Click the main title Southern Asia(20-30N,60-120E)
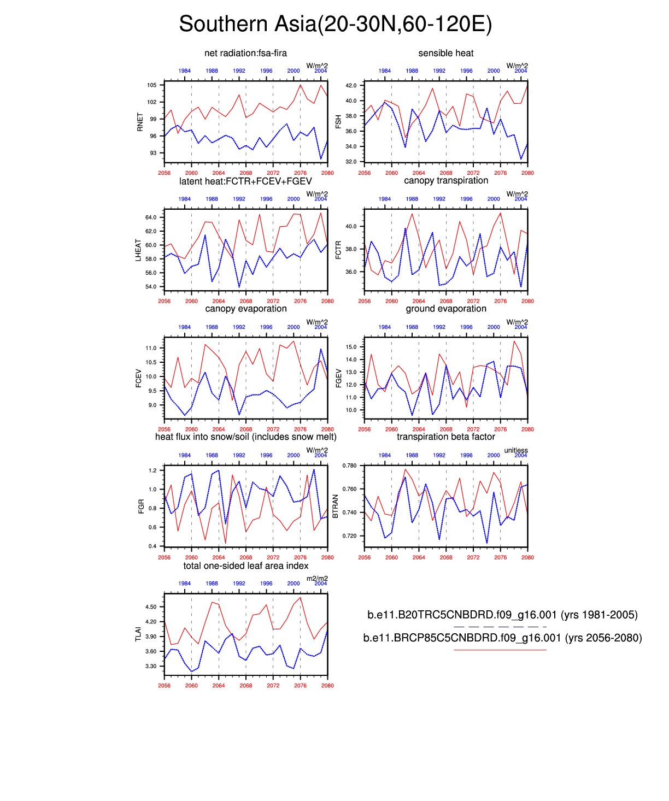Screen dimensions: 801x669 [335, 25]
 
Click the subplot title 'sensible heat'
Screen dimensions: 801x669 [446, 53]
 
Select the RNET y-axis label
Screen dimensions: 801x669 [140, 122]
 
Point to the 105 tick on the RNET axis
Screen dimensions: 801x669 [151, 85]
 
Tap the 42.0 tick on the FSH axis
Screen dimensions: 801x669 [350, 86]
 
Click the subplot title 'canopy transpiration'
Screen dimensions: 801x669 [446, 181]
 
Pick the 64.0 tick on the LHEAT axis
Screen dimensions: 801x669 [150, 217]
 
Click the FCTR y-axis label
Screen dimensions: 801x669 [338, 250]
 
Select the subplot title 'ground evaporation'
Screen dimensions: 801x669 [446, 309]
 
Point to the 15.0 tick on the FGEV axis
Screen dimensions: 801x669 [351, 348]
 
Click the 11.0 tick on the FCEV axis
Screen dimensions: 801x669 [151, 348]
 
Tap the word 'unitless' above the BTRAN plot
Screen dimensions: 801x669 [516, 450]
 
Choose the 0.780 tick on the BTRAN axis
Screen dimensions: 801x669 [349, 466]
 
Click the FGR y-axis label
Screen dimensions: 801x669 [141, 506]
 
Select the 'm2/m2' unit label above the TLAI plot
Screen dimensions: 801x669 [317, 579]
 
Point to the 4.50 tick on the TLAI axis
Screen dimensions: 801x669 [151, 607]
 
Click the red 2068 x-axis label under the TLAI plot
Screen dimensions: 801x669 [246, 686]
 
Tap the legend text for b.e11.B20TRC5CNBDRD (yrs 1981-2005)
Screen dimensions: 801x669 [502, 615]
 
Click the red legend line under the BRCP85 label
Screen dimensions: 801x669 [500, 650]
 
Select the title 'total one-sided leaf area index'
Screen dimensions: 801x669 [246, 566]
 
